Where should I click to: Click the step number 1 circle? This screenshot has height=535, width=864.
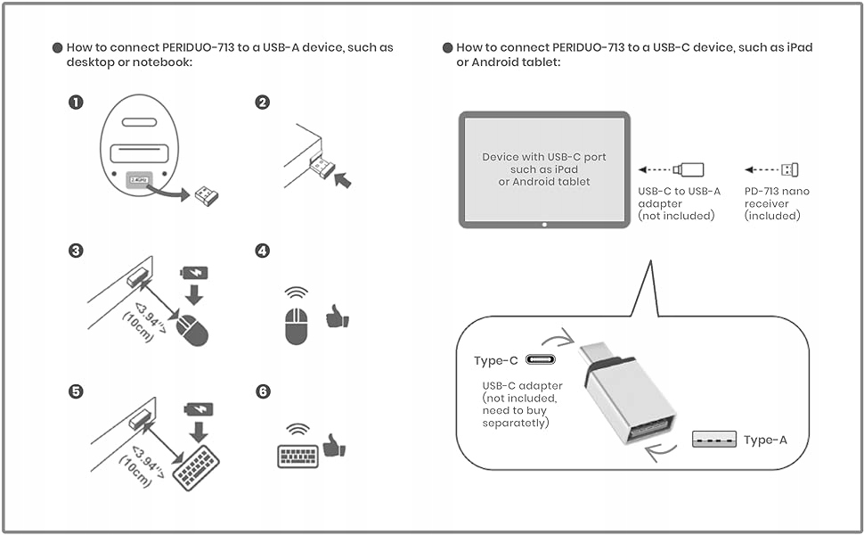click(x=77, y=102)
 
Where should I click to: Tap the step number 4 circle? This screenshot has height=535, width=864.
click(x=263, y=251)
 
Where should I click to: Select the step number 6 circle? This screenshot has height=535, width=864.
click(x=263, y=391)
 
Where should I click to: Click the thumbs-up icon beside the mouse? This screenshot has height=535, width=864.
click(x=338, y=316)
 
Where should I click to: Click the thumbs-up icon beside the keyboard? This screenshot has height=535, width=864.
click(x=334, y=446)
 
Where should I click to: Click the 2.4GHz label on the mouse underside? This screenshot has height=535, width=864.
click(x=138, y=179)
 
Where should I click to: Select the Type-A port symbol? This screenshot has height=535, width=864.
click(x=714, y=439)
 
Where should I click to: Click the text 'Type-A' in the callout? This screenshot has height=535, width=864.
click(x=765, y=440)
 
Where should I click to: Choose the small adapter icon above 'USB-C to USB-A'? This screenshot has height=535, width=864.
click(x=689, y=169)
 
